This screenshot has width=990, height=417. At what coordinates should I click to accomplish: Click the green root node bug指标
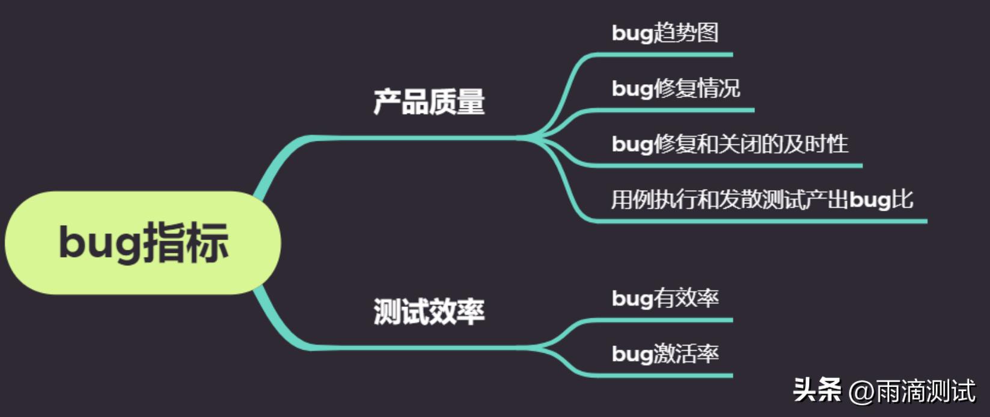143,242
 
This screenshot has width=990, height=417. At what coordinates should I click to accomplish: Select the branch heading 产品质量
429,102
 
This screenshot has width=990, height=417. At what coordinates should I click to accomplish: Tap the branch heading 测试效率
429,311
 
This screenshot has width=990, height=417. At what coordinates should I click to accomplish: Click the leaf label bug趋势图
665,32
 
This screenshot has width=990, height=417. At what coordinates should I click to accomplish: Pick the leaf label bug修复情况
676,88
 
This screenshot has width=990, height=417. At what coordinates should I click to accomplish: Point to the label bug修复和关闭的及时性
730,144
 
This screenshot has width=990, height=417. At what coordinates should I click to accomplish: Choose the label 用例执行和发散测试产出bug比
762,199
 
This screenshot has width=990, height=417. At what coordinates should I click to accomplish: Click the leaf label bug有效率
665,298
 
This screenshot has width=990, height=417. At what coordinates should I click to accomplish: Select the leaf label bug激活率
665,353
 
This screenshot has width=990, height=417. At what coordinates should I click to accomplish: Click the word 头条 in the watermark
817,390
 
